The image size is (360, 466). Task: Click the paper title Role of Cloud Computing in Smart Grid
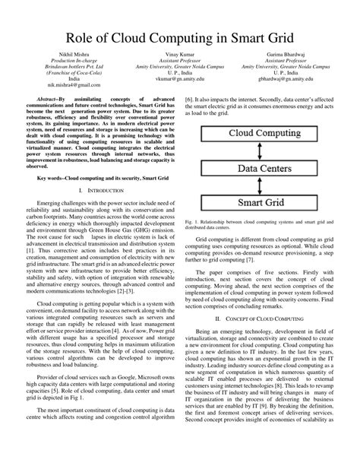180,36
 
